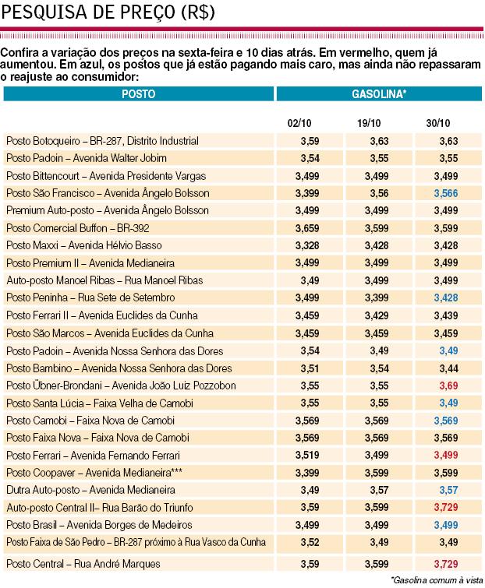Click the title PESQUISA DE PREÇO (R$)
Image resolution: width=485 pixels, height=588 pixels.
tap(110, 12)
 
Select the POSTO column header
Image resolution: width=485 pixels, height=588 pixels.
tap(139, 93)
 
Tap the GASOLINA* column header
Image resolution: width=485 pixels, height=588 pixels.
tap(379, 93)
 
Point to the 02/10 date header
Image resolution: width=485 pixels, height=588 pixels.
tap(299, 124)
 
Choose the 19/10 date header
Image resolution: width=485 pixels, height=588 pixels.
tap(369, 124)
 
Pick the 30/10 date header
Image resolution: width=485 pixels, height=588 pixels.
tap(439, 124)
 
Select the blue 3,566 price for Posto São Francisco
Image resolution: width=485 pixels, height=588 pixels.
tap(443, 193)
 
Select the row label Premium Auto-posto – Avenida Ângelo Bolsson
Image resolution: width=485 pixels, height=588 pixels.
tap(107, 210)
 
